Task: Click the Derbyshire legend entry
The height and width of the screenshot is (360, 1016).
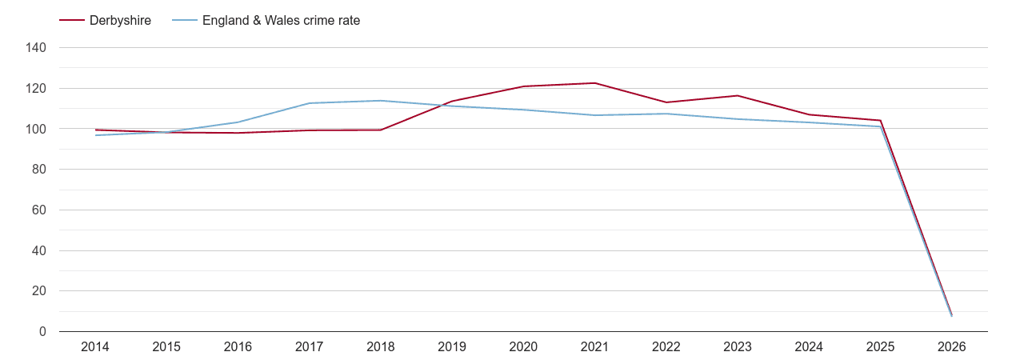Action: coord(105,21)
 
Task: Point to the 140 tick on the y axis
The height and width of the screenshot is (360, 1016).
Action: coord(37,48)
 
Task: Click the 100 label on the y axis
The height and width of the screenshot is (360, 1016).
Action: coord(37,129)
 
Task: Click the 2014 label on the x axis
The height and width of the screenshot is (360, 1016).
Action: coord(95,347)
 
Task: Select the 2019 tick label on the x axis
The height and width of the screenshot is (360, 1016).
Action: coord(452,347)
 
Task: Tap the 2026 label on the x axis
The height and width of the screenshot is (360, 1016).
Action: coord(952,347)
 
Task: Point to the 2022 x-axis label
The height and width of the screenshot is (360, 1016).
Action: coord(666,347)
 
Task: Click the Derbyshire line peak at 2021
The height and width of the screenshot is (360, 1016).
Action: coord(595,83)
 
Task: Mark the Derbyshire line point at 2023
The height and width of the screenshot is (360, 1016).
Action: coord(738,96)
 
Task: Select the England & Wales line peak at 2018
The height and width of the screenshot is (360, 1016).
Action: coord(381,101)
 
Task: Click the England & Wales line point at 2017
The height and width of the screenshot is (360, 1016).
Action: coord(310,103)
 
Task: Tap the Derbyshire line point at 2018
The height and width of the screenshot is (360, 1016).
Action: coord(381,130)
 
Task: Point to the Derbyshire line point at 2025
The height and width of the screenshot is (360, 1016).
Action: coord(881,121)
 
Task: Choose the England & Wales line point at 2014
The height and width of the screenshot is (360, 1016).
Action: coord(95,135)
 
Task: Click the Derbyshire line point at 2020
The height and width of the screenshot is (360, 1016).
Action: coord(524,86)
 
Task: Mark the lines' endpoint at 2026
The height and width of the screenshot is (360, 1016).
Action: coord(952,315)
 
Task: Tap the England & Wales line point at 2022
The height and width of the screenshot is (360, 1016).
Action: coord(666,114)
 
